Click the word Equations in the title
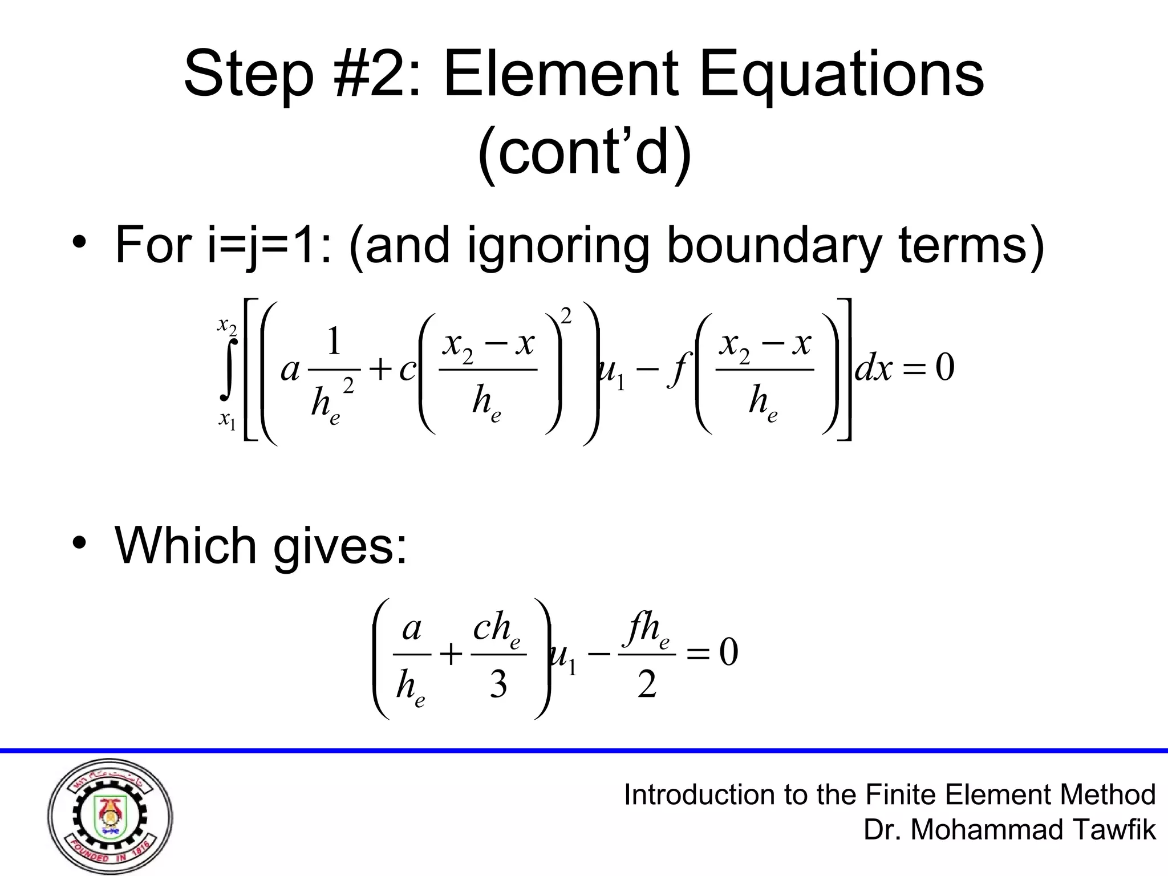(841, 77)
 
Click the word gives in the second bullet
(340, 546)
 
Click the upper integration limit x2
(226, 325)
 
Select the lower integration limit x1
(226, 420)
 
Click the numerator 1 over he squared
(334, 342)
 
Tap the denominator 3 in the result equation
(498, 684)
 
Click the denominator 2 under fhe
(647, 684)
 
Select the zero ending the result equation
(728, 654)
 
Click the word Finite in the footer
(902, 794)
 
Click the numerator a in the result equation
(412, 630)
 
